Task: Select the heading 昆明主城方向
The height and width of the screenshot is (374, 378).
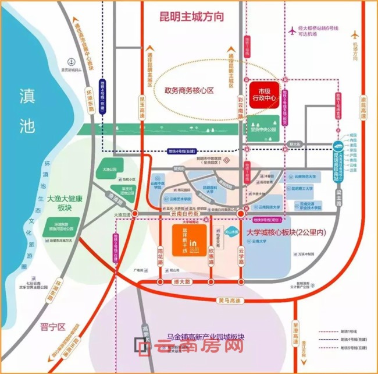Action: [x=191, y=17]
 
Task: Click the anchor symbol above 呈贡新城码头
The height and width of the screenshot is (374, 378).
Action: [x=70, y=61]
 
